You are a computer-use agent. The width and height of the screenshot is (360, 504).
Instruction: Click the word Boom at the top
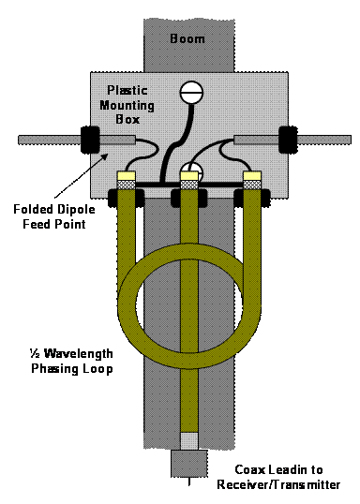(x=189, y=39)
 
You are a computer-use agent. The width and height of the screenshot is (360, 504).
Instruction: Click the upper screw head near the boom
(x=192, y=93)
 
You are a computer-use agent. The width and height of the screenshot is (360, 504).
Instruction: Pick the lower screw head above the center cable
(x=192, y=172)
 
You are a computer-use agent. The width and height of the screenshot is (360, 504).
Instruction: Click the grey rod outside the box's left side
(x=48, y=141)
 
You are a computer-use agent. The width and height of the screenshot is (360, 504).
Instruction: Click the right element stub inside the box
(x=251, y=141)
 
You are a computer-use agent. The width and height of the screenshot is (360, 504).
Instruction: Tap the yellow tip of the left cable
(x=125, y=175)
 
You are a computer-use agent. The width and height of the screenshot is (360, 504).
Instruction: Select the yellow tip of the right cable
(x=250, y=175)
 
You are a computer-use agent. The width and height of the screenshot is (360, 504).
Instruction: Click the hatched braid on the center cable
(x=189, y=185)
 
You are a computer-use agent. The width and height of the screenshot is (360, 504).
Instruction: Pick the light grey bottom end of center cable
(x=189, y=440)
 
